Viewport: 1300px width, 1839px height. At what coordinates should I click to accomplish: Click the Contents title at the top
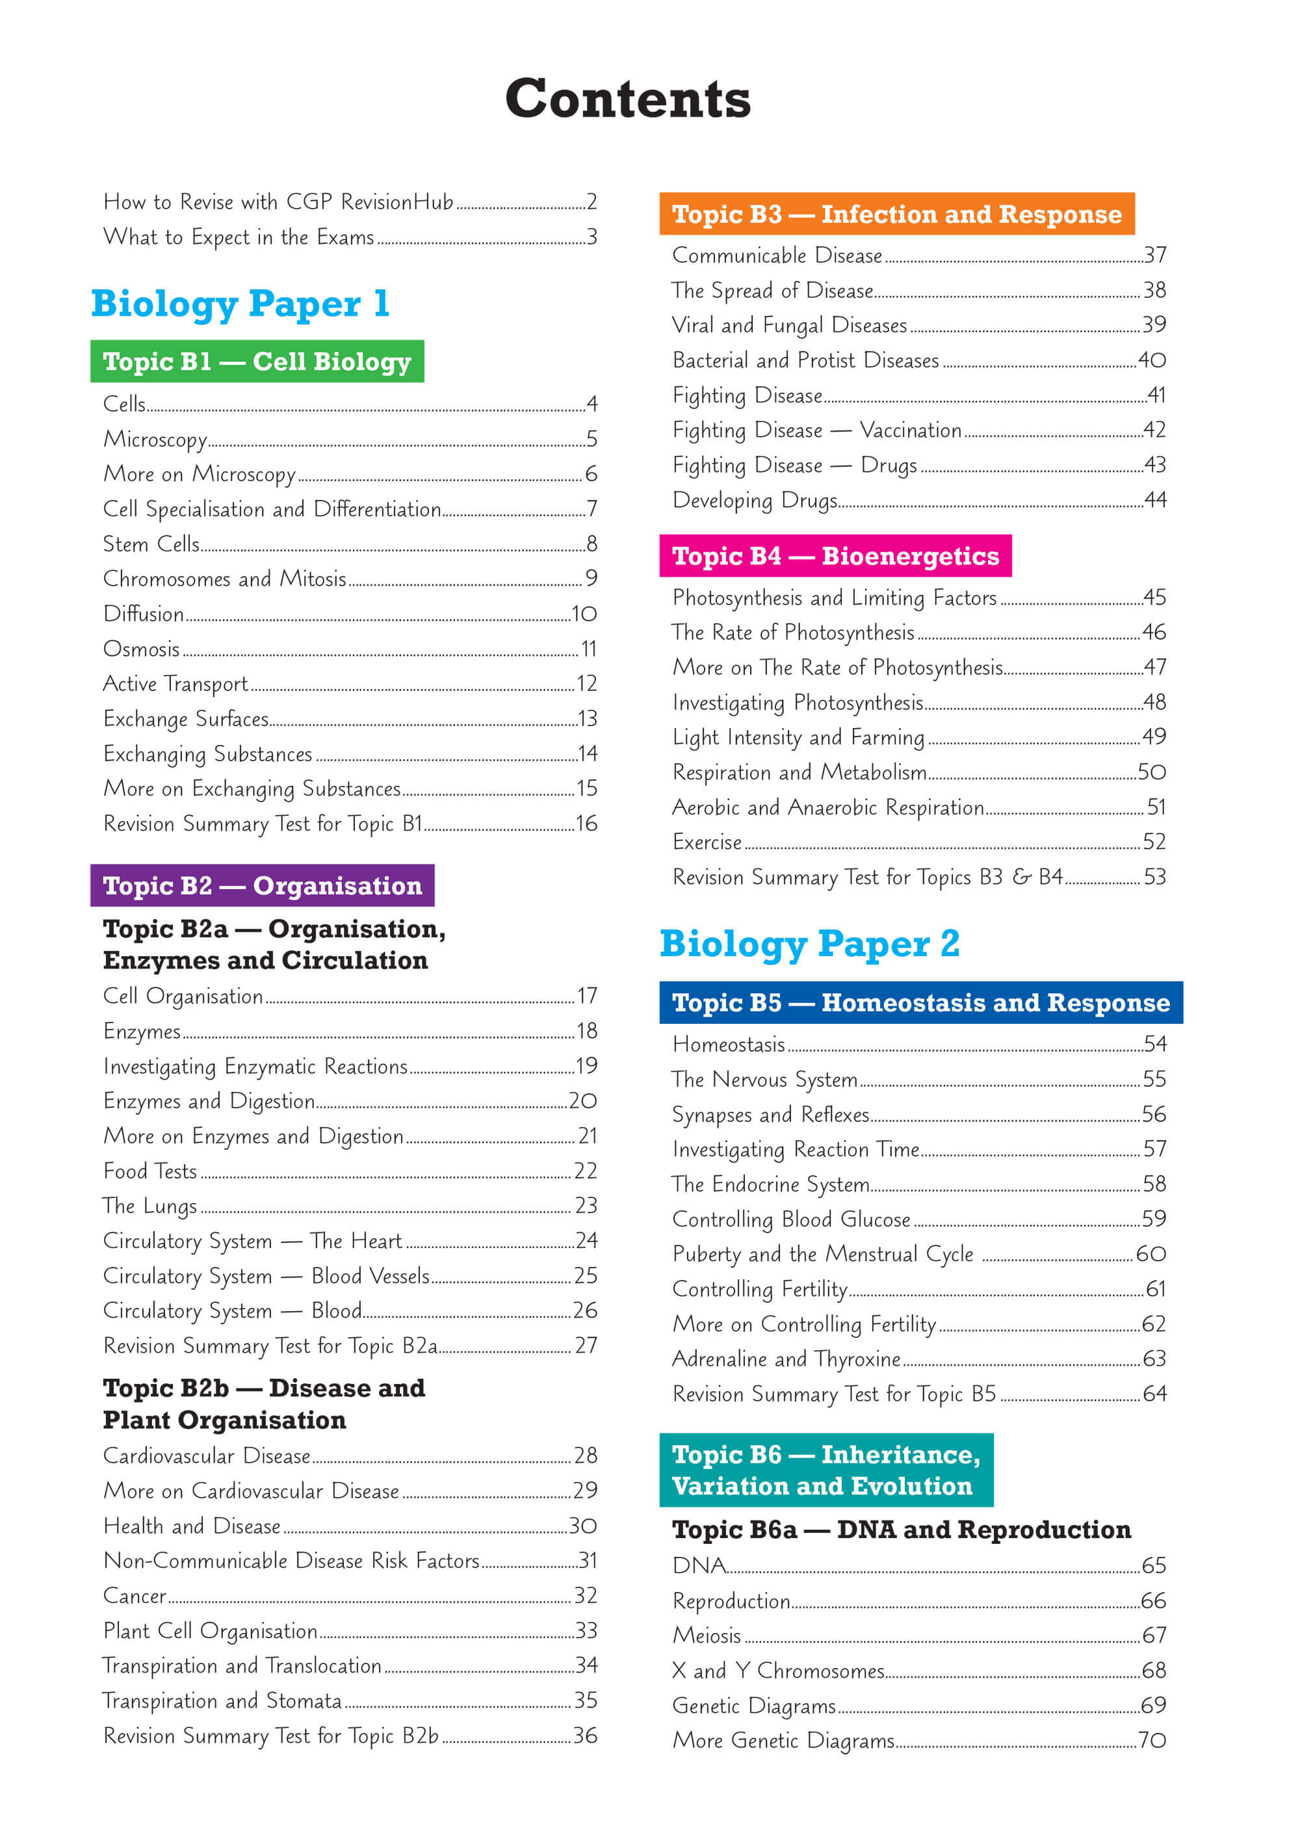tap(628, 99)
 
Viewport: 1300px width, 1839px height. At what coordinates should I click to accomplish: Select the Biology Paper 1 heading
tap(240, 304)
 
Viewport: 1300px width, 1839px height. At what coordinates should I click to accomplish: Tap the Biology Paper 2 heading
tap(809, 943)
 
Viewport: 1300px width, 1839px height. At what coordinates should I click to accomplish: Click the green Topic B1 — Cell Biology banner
tap(257, 361)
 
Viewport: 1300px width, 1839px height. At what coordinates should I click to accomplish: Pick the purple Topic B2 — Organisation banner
tap(262, 885)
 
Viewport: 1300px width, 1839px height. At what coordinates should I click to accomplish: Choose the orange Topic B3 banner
tap(896, 214)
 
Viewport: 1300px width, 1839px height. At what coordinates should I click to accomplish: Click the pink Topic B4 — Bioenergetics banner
tap(835, 556)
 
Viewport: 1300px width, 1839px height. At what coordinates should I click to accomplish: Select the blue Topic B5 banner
tap(920, 1003)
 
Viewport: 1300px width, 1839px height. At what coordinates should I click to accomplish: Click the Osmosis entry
tap(142, 649)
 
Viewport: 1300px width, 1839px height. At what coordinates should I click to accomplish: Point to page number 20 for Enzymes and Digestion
tap(583, 1101)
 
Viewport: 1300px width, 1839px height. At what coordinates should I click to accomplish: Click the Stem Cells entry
tap(151, 544)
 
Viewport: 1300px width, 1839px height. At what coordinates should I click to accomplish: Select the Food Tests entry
tap(149, 1171)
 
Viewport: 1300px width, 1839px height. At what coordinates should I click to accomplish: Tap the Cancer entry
tap(135, 1595)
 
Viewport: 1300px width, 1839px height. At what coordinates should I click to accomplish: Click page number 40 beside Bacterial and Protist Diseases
tap(1152, 360)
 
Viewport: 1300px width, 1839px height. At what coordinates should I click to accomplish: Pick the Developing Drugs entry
tap(755, 500)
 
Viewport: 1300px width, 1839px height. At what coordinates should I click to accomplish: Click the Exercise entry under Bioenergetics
tap(707, 842)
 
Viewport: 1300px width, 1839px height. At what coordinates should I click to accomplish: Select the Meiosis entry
tap(707, 1635)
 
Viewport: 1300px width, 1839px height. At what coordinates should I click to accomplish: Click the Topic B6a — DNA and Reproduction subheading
tap(901, 1529)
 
